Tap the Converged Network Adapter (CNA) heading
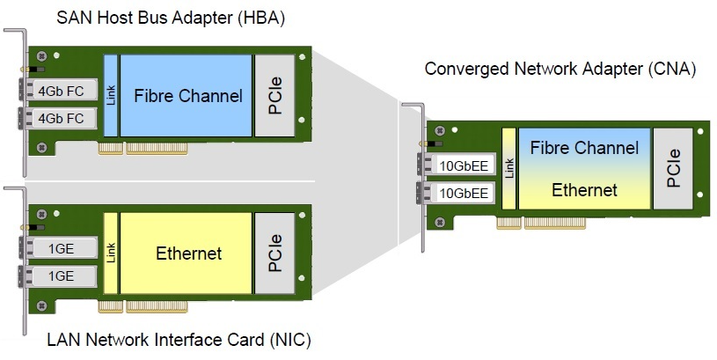point(560,69)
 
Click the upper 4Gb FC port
point(61,91)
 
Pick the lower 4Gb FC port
point(61,118)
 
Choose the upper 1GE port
point(61,249)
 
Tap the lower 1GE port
point(61,276)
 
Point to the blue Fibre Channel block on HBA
point(187,95)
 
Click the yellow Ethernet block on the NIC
point(187,254)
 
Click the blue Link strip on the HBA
point(111,95)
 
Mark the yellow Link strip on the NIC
point(111,254)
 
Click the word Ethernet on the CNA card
point(584,190)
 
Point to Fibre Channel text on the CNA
point(584,148)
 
